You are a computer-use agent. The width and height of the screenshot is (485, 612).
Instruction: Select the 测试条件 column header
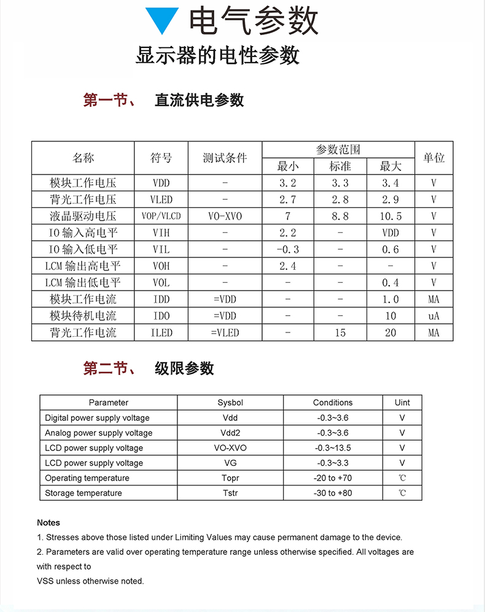[225, 158]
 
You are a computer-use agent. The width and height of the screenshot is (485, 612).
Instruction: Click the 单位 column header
[433, 158]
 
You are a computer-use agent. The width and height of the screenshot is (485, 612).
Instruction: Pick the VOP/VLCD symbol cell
[161, 216]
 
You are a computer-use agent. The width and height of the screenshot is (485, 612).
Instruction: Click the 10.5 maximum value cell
[390, 216]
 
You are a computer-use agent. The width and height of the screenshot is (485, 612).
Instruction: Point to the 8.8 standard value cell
[340, 216]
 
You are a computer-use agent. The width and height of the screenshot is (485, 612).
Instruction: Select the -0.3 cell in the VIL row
[287, 249]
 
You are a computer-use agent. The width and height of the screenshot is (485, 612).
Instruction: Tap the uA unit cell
[433, 316]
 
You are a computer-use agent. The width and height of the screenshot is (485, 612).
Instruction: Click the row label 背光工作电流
[83, 332]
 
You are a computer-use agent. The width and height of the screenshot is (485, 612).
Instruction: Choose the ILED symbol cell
[161, 332]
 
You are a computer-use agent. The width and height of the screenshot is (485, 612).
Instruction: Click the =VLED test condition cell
[225, 332]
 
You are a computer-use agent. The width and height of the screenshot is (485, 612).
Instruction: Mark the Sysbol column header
[230, 402]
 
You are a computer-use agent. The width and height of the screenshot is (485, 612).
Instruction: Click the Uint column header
[402, 402]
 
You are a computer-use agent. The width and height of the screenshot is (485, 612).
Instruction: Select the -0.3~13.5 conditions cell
[333, 448]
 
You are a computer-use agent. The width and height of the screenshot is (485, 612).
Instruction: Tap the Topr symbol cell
[230, 478]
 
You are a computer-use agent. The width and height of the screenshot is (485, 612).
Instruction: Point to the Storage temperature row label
[83, 493]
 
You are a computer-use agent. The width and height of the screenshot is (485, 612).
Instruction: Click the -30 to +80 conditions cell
[333, 493]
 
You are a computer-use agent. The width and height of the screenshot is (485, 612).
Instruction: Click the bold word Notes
[49, 522]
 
